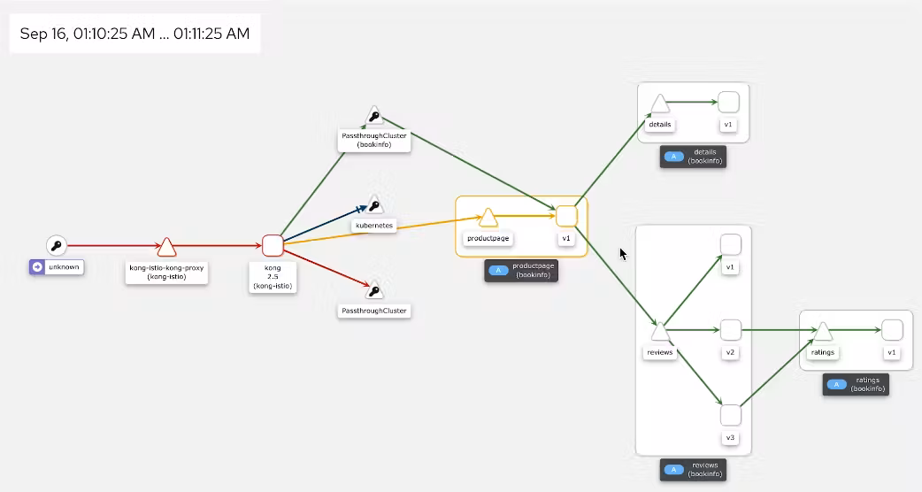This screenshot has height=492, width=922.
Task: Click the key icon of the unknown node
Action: click(56, 245)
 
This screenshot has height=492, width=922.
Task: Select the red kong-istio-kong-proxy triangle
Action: click(166, 247)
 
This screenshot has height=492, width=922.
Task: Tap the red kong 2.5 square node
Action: click(273, 245)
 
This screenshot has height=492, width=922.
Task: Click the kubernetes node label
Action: click(373, 226)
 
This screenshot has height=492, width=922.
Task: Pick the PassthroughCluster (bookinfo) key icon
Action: click(374, 117)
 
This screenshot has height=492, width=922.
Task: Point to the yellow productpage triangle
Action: click(488, 218)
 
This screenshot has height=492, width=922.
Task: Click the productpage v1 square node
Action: click(567, 217)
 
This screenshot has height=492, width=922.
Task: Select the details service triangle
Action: click(659, 104)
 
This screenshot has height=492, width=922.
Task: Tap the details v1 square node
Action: click(728, 103)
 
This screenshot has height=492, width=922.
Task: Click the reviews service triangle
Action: click(659, 332)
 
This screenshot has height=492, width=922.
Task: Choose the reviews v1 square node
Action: click(730, 244)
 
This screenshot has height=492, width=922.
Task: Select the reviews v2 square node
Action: click(730, 330)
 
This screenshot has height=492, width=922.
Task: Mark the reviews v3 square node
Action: click(730, 415)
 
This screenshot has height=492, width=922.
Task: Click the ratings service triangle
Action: click(822, 332)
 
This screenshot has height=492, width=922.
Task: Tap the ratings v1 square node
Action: click(892, 330)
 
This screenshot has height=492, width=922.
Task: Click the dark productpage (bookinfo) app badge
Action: click(521, 270)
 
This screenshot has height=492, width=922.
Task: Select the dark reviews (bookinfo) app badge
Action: click(693, 470)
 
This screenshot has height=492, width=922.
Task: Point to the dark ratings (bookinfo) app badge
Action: click(856, 384)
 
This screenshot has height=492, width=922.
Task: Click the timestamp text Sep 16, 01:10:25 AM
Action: click(88, 35)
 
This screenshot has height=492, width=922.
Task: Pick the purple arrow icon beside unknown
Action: click(37, 266)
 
